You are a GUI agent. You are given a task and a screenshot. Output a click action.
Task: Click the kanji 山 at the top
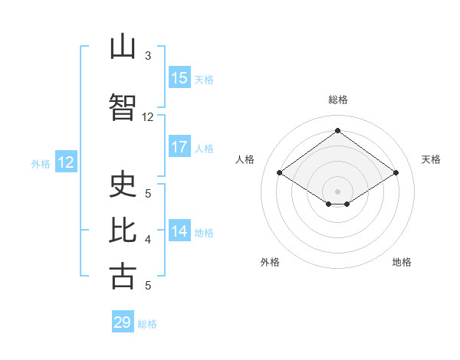tap(123, 46)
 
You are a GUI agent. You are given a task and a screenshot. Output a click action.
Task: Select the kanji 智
tap(123, 107)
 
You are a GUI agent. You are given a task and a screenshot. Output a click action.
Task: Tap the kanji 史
tap(123, 184)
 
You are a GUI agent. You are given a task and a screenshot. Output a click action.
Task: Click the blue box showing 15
tap(179, 77)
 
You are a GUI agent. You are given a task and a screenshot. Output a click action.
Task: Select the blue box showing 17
tap(179, 146)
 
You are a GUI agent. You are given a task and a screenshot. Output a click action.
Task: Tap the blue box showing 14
tap(179, 230)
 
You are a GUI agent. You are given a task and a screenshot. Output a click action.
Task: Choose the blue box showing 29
tap(123, 321)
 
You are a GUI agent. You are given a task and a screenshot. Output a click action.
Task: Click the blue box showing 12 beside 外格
tap(66, 162)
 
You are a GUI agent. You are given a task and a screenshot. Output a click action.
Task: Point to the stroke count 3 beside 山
tap(148, 55)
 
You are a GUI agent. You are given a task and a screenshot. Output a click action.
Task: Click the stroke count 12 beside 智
tap(147, 117)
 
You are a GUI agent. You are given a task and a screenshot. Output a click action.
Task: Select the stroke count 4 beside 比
tap(148, 240)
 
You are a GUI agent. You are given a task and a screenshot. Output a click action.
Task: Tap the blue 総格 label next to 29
tap(147, 324)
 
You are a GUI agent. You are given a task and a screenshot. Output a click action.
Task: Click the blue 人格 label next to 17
tap(204, 149)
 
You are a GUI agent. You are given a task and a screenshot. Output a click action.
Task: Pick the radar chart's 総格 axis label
tap(338, 100)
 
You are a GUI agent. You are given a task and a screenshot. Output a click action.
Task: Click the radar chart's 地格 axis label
tap(402, 262)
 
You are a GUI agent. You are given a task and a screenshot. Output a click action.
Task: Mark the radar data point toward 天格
tap(396, 172)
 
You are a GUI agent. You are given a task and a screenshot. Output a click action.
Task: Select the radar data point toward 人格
tap(280, 172)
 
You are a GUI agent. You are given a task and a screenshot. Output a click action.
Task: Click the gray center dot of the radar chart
tap(337, 191)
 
